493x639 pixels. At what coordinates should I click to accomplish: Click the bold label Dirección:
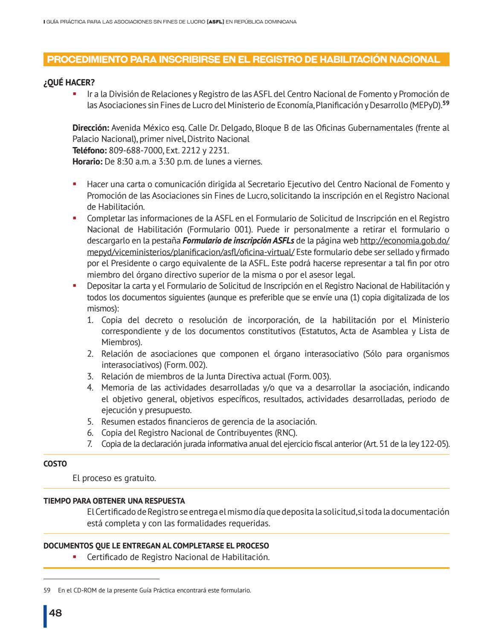tap(91, 128)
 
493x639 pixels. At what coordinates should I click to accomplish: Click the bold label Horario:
tap(87, 161)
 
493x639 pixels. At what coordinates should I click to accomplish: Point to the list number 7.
tap(90, 444)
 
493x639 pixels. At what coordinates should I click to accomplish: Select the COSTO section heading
tap(55, 463)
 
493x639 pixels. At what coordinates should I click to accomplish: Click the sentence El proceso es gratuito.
tap(114, 478)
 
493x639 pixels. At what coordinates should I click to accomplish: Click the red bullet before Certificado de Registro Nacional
tap(74, 557)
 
